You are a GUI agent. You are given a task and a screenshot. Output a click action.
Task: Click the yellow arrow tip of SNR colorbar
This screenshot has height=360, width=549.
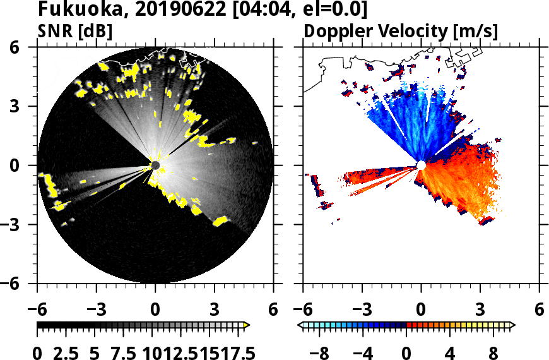247,325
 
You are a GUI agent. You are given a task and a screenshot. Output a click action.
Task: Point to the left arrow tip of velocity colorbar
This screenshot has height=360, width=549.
300,325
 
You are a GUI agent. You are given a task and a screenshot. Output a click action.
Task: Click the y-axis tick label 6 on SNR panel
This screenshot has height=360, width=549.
28,47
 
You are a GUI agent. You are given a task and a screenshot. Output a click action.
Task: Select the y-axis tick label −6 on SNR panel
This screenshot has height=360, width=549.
24,284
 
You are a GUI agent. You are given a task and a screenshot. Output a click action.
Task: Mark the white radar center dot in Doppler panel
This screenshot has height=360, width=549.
421,165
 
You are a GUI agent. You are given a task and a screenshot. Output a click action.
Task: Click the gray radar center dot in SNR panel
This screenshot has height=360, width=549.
155,165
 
